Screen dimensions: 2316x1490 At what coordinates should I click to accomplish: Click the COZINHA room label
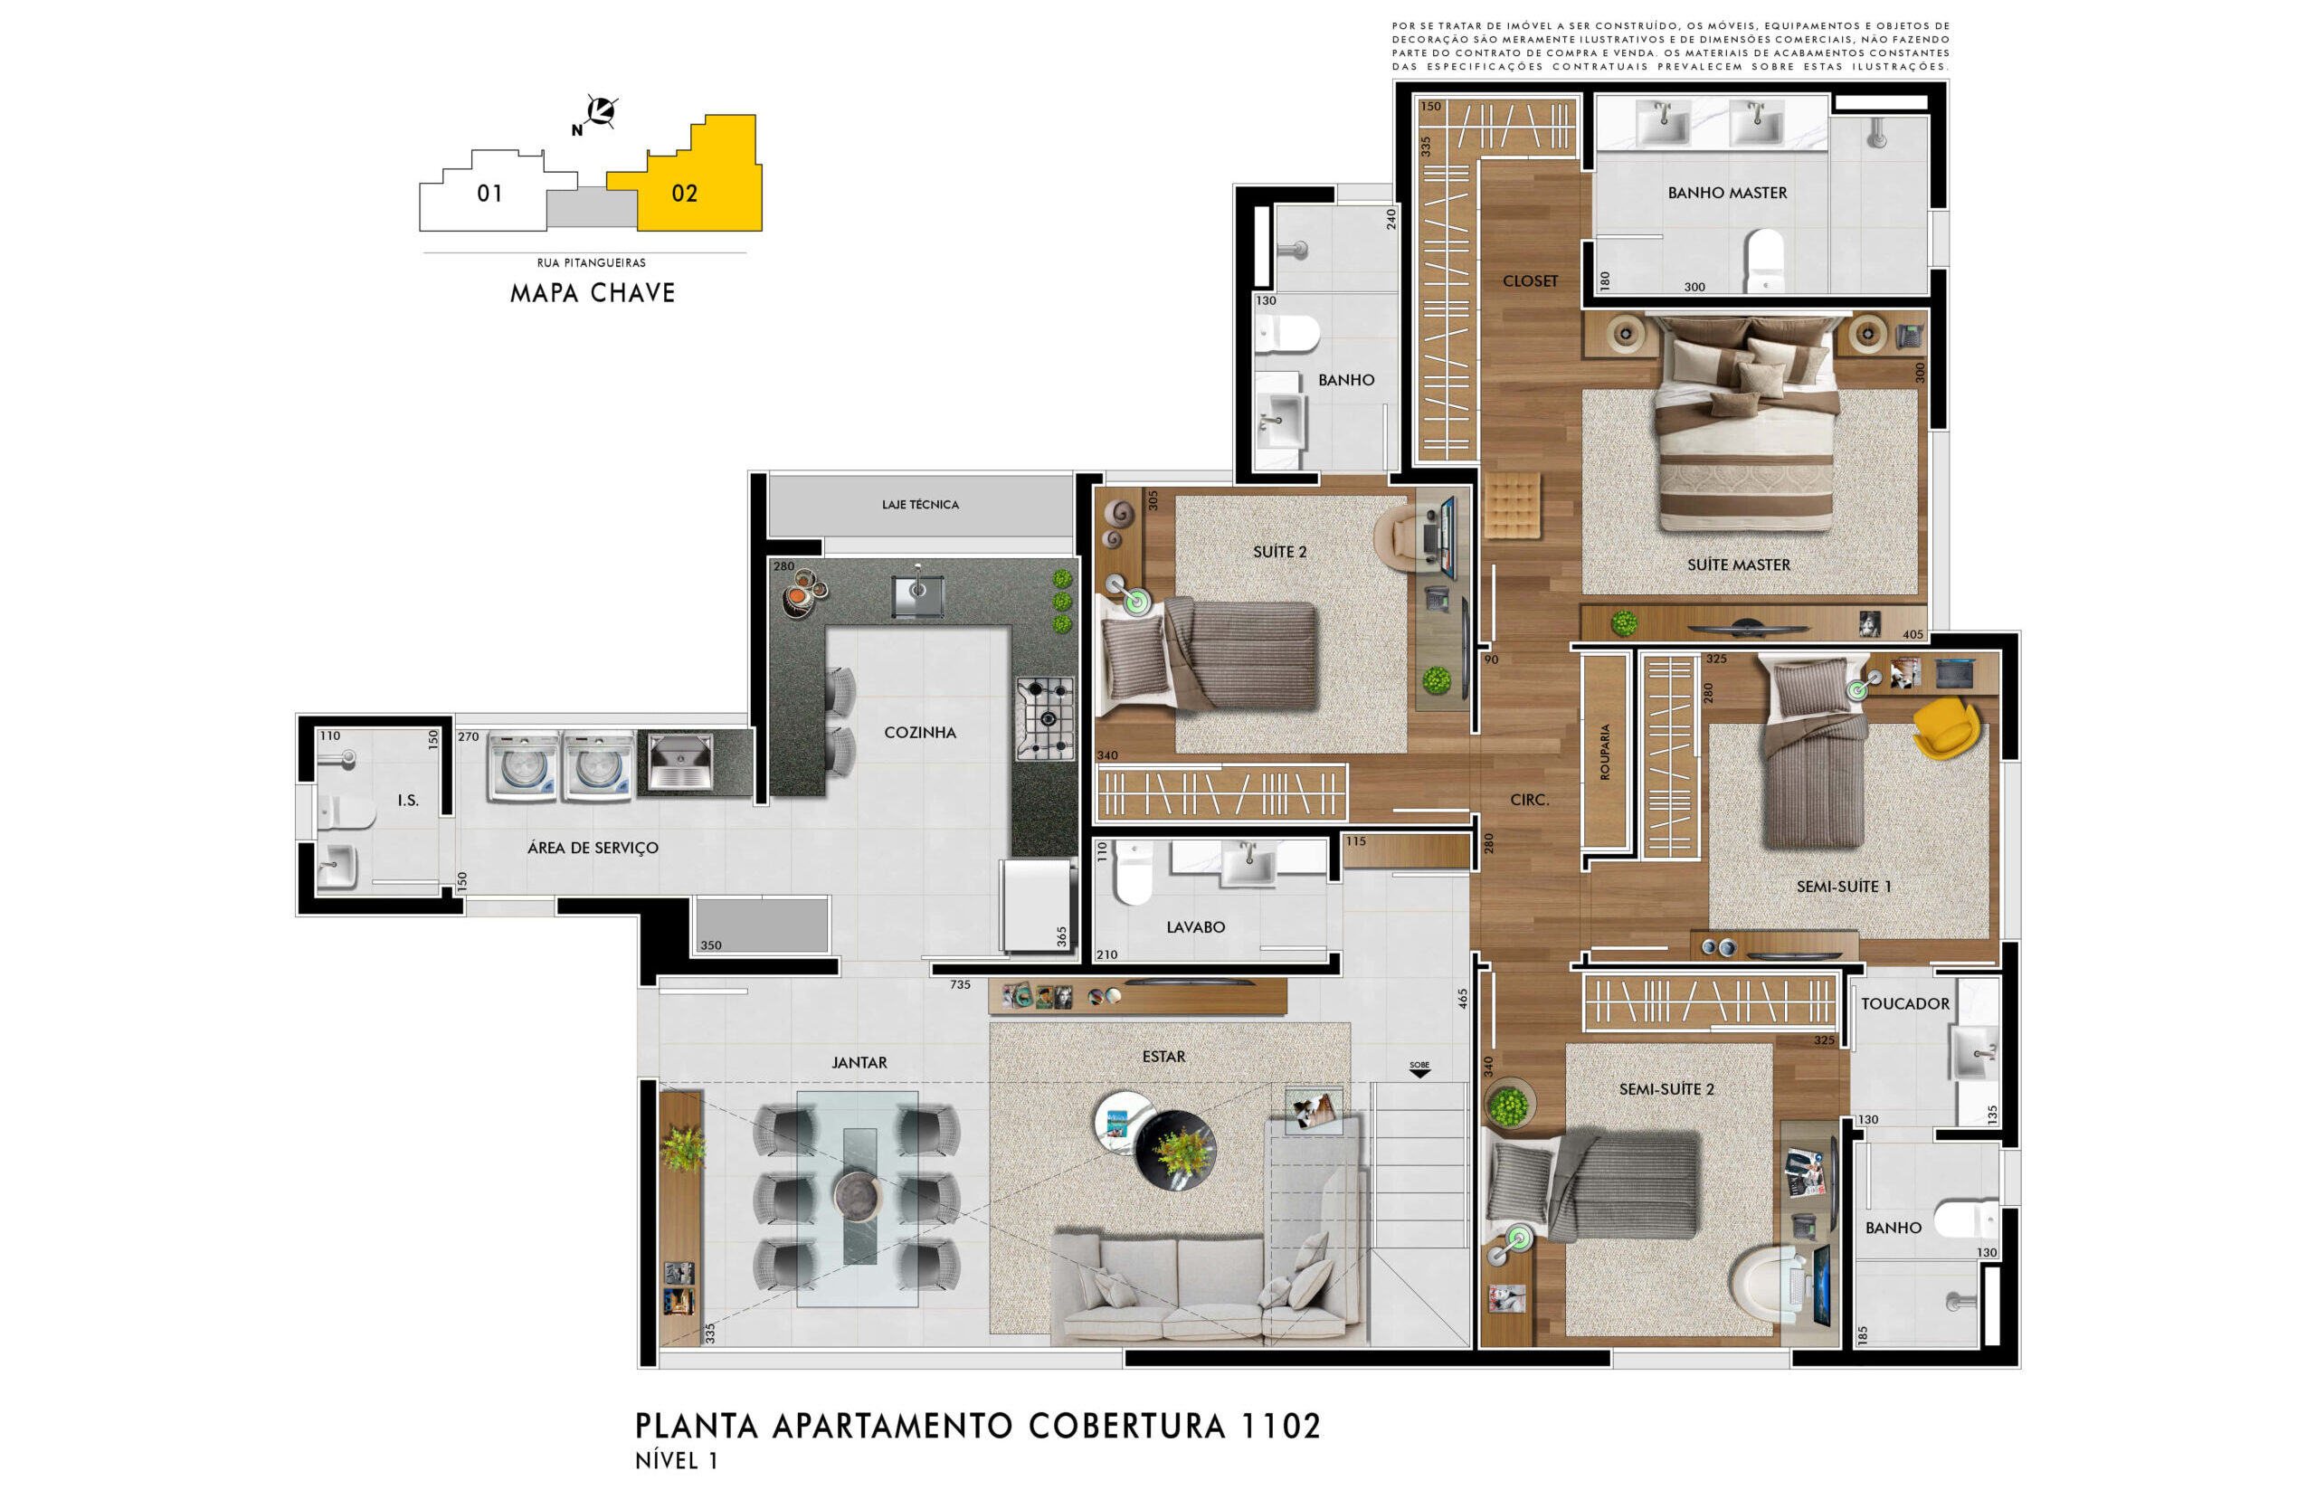pos(919,733)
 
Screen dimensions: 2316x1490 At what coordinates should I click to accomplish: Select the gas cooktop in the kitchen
pos(1045,718)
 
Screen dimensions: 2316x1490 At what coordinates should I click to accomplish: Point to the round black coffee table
pos(1174,1150)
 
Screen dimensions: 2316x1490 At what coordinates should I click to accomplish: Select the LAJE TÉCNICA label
pos(919,504)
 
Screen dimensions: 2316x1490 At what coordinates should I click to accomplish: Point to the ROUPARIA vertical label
pos(1605,752)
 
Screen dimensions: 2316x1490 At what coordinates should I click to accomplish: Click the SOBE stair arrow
pos(1419,1069)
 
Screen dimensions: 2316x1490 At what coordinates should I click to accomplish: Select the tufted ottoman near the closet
pos(1511,504)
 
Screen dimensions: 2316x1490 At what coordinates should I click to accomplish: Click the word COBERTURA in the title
pos(1126,1426)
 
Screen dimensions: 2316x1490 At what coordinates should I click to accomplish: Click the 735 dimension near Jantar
pos(960,985)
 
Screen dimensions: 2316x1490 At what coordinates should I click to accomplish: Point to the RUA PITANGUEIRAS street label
pos(591,262)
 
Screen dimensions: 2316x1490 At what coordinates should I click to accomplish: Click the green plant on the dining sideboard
pos(683,1148)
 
